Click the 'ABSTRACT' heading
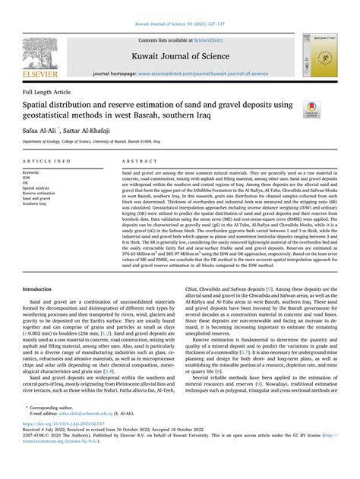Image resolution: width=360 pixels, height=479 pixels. click(x=139, y=162)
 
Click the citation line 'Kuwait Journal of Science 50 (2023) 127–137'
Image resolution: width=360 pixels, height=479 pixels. click(x=179, y=7)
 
